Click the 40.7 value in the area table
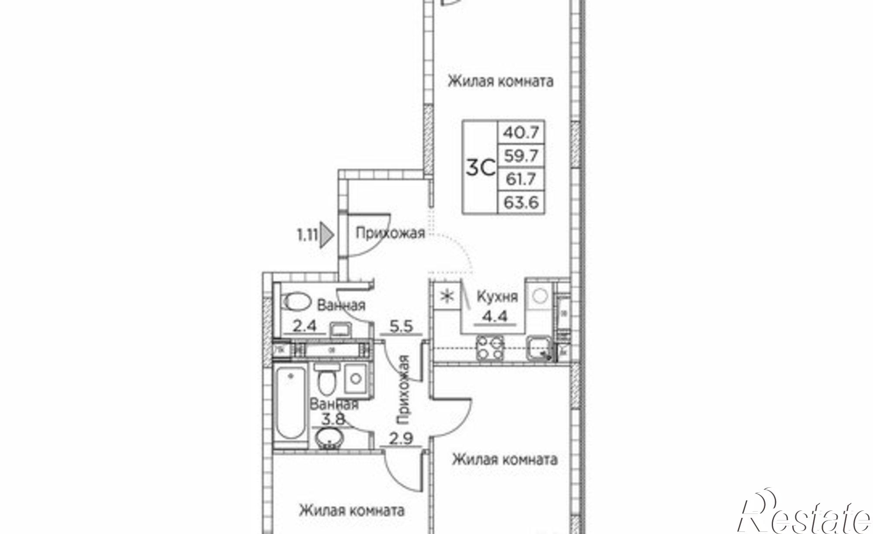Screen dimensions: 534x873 coord(521,132)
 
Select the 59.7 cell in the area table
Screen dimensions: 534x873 coord(521,155)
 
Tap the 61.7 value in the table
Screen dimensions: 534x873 coord(521,179)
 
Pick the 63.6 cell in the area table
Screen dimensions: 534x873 coord(521,202)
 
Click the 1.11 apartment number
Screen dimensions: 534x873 coord(307,236)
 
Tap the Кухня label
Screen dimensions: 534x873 coord(497,296)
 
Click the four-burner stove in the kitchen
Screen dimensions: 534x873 coord(490,348)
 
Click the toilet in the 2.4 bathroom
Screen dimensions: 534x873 coord(297,301)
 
